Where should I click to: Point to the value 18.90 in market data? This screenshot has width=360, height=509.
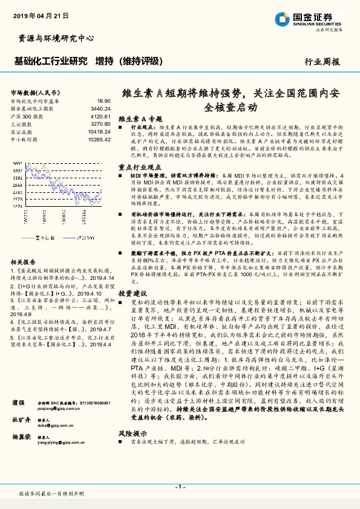pyautogui.click(x=103, y=101)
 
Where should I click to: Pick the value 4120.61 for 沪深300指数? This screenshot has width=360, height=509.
pyautogui.click(x=100, y=116)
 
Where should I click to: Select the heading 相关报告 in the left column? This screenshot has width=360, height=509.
pyautogui.click(x=25, y=228)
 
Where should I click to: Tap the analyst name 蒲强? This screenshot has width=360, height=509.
pyautogui.click(x=19, y=401)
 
